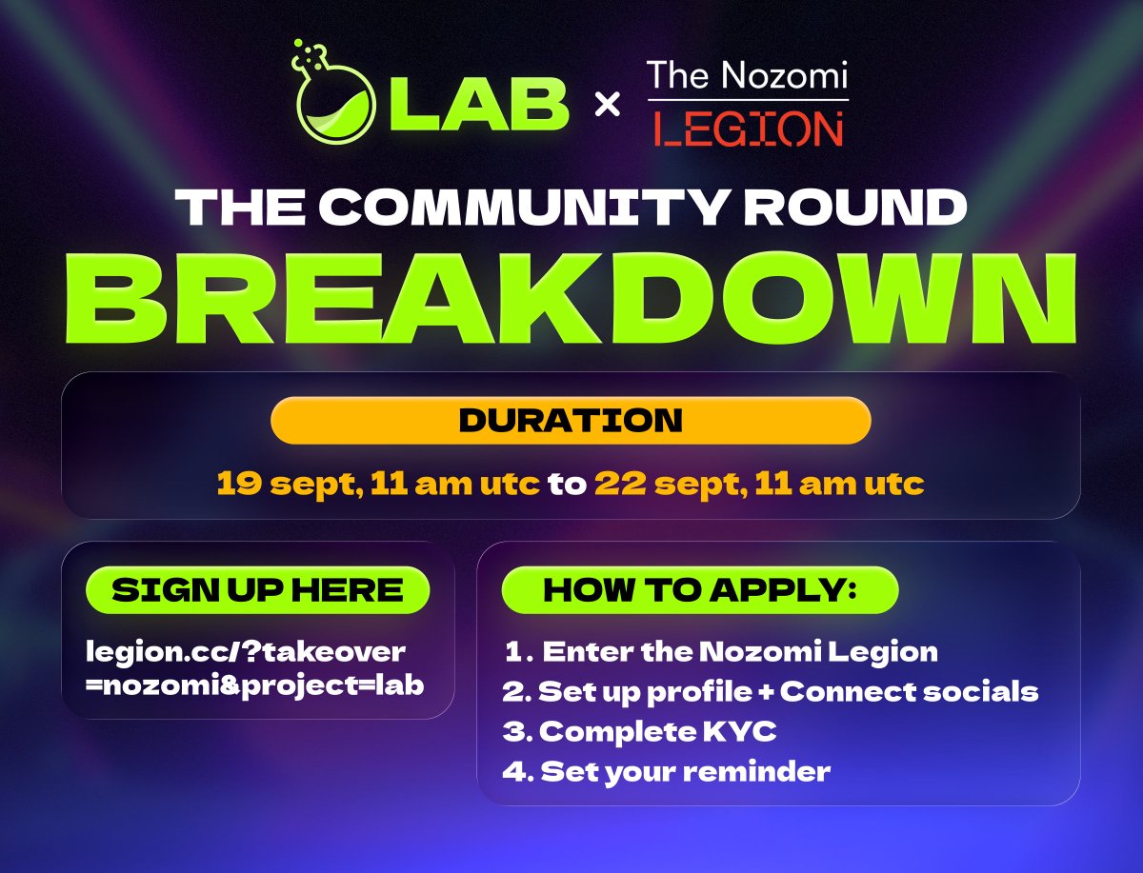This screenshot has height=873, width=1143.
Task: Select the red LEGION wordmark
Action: (x=748, y=128)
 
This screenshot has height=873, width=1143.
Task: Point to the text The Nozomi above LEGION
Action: (x=747, y=75)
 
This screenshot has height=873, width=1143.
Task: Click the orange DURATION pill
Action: (x=571, y=421)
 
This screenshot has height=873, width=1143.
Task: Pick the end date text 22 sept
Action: (x=666, y=484)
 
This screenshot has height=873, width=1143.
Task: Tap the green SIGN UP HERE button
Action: (x=257, y=590)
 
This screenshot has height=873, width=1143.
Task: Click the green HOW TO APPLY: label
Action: (x=700, y=590)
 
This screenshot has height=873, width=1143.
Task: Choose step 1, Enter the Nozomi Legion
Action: (x=722, y=651)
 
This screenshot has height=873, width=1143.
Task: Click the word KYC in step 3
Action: (x=752, y=731)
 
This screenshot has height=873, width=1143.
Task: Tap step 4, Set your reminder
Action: (x=667, y=770)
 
